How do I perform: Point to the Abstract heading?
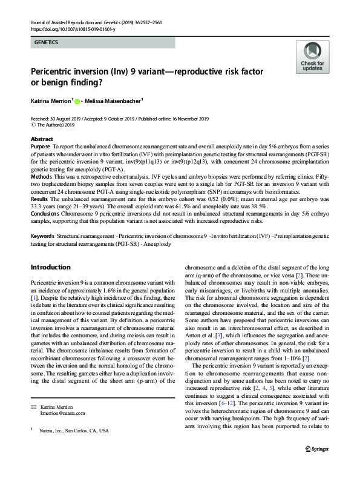coord(41,139)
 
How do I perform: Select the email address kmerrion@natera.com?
coord(64,430)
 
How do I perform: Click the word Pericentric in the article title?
coord(56,71)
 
